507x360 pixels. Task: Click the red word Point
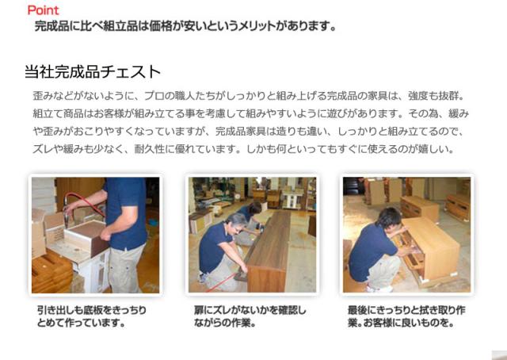click(43, 10)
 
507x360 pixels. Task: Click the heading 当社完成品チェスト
click(93, 71)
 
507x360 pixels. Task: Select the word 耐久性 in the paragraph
click(150, 149)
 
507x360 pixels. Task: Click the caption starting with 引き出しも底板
click(92, 316)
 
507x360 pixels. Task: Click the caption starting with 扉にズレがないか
click(250, 316)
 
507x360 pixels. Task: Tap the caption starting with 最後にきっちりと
click(406, 316)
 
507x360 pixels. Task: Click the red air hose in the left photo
click(85, 201)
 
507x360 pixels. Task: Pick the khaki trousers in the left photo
click(125, 268)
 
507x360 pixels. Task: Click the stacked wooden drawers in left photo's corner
click(51, 272)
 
